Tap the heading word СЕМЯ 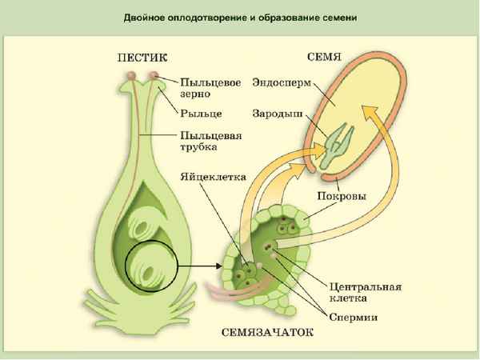[x=325, y=58]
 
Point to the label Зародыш [x=276, y=114]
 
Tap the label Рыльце [x=200, y=114]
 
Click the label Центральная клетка [x=364, y=292]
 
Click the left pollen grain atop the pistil [x=131, y=77]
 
